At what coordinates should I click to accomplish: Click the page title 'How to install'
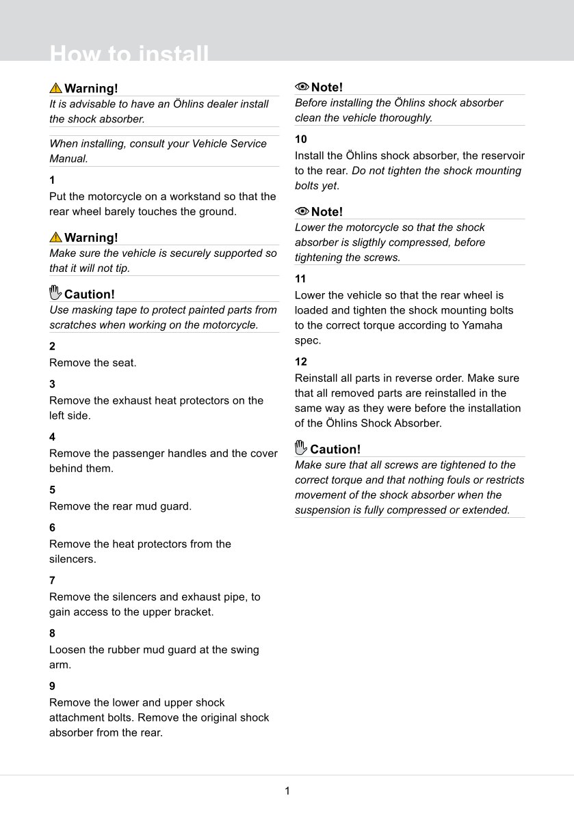(129, 54)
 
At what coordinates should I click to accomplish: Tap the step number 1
(52, 180)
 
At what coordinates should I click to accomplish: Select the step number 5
(52, 490)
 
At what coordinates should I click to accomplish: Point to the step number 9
(52, 686)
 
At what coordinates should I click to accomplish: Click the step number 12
(301, 361)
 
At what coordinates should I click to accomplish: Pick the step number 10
(301, 139)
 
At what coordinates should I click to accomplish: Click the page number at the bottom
(287, 791)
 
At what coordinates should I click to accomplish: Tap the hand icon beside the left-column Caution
(55, 294)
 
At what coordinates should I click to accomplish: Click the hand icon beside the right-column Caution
(301, 448)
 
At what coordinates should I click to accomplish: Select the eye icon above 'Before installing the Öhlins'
(302, 87)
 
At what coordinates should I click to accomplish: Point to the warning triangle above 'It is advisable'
(55, 88)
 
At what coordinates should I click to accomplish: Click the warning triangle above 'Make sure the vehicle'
(55, 237)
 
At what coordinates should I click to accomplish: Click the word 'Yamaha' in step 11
(482, 325)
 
